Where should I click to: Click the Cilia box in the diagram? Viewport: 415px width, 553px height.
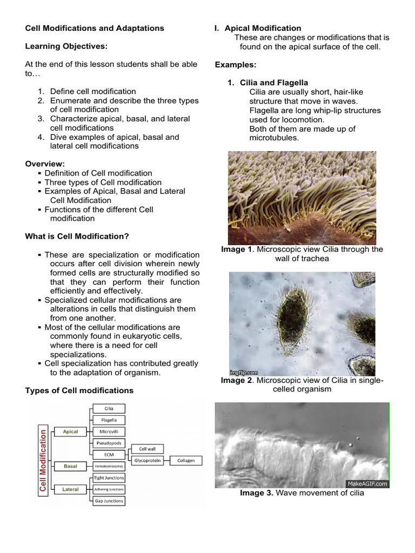109,409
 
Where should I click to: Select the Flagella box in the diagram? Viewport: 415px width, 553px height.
109,420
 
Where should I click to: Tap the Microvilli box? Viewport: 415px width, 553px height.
109,431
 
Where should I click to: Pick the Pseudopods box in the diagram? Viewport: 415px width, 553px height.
109,443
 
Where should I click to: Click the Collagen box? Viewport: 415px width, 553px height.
186,461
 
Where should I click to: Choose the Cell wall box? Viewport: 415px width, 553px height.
148,449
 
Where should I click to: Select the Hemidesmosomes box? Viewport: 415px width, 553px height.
109,466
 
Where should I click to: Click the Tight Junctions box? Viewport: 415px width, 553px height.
109,478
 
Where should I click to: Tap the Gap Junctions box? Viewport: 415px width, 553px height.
109,501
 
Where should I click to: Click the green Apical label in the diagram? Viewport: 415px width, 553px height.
71,431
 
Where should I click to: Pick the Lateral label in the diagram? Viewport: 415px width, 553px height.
71,489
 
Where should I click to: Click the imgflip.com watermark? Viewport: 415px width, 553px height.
244,373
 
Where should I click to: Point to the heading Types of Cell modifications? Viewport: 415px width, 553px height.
79,390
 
